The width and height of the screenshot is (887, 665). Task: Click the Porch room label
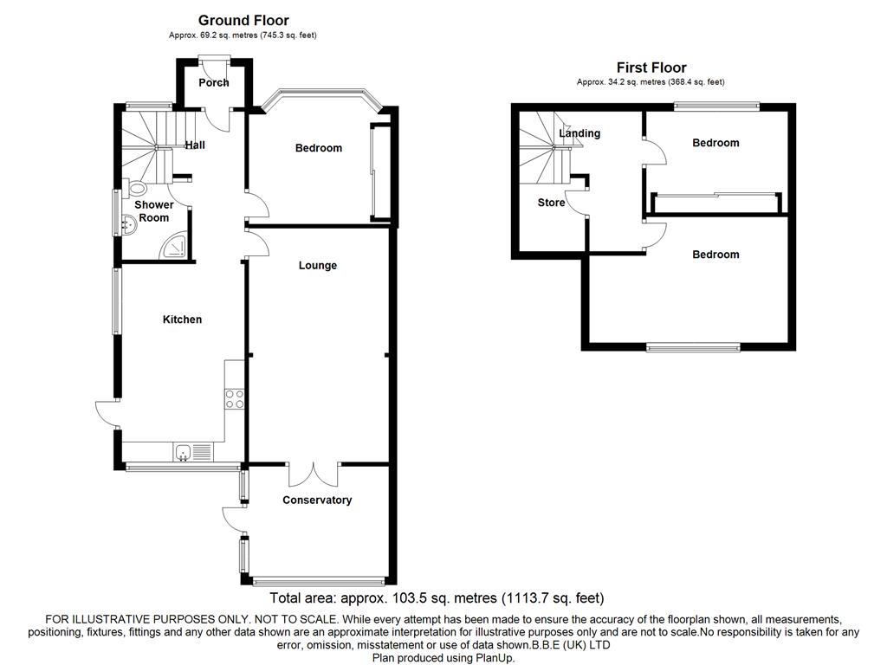pyautogui.click(x=214, y=83)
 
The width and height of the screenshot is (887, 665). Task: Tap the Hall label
pyautogui.click(x=195, y=145)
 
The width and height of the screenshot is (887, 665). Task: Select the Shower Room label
pyautogui.click(x=153, y=211)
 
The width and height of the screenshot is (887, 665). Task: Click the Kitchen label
pyautogui.click(x=183, y=320)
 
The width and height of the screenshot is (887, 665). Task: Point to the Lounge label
pyautogui.click(x=318, y=266)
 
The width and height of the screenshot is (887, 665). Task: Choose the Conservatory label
pyautogui.click(x=317, y=500)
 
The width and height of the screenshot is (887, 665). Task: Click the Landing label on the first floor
pyautogui.click(x=579, y=133)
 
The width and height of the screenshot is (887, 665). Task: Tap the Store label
pyautogui.click(x=551, y=203)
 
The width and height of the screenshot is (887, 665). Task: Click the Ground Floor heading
pyautogui.click(x=243, y=20)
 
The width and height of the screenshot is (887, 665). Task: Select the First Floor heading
pyautogui.click(x=651, y=68)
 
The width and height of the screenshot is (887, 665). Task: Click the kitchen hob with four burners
pyautogui.click(x=235, y=398)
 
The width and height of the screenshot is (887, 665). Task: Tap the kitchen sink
pyautogui.click(x=184, y=452)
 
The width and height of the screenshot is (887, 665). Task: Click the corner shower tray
pyautogui.click(x=175, y=247)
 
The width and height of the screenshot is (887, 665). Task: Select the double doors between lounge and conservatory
pyautogui.click(x=314, y=474)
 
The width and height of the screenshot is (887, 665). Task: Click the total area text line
pyautogui.click(x=437, y=598)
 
